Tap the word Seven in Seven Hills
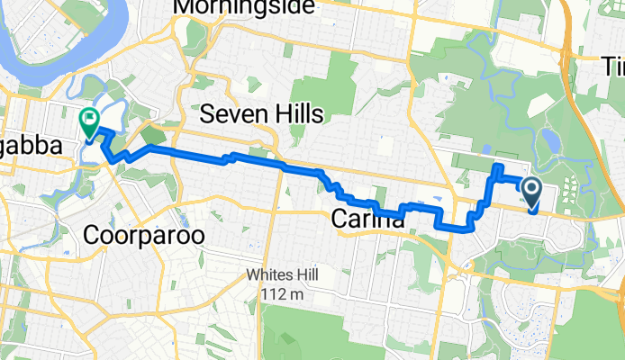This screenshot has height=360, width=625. click(232, 113)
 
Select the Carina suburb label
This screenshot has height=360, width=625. click(367, 218)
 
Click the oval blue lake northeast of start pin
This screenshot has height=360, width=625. click(548, 139)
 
